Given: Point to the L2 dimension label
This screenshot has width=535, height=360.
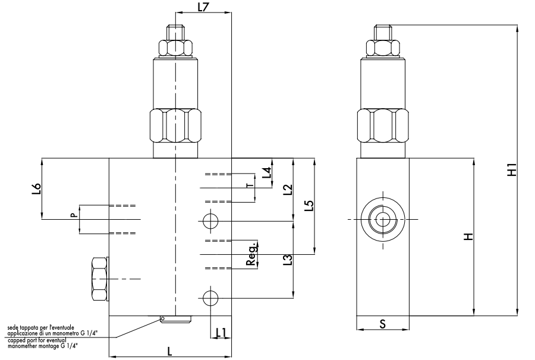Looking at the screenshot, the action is tap(288, 190).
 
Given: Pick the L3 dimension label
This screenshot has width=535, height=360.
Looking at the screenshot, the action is tap(288, 260).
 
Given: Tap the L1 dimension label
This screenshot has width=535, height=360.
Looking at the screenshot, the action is tap(221, 333).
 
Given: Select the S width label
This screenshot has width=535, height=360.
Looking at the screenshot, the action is tap(382, 324).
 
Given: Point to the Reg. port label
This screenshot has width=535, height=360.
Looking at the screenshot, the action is tap(251, 254).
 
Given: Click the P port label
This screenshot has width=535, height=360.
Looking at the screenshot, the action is tap(73, 216).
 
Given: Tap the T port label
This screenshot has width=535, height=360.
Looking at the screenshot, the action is tap(250, 185).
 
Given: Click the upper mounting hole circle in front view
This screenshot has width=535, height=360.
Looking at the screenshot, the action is tap(210, 221).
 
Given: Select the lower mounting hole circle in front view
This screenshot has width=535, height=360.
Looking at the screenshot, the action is tap(210, 299).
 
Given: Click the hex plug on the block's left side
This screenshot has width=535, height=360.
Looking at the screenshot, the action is tap(100, 279).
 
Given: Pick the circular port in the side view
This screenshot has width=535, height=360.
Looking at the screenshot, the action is tap(383, 219).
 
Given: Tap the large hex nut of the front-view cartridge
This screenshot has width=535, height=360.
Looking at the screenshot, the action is tap(175, 125).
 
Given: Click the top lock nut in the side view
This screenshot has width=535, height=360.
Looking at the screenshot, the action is tap(383, 48).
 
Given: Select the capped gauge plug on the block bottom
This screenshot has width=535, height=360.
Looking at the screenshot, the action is tap(175, 319).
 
